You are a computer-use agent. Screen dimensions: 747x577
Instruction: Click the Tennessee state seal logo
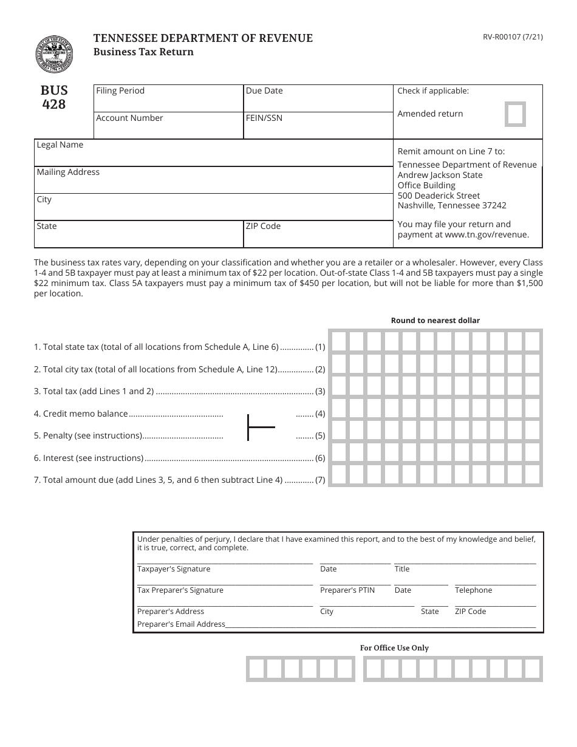pos(54,54)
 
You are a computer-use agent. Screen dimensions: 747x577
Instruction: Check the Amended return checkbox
pos(516,114)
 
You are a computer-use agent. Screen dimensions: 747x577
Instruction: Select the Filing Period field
pos(168,98)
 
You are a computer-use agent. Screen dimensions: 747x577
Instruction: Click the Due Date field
pos(318,98)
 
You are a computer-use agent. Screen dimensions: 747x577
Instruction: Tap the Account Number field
pos(168,125)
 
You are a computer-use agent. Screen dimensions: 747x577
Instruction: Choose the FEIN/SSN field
pos(318,125)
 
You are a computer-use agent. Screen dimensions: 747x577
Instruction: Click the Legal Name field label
pos(60,145)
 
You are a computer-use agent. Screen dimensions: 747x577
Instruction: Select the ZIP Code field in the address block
pos(318,234)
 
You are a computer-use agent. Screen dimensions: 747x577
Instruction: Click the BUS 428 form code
pos(54,97)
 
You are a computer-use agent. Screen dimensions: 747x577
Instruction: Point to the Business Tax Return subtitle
pos(143,52)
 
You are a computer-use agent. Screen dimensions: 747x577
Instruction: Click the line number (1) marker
pos(320,347)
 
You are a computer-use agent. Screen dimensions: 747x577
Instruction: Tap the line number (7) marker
pos(320,480)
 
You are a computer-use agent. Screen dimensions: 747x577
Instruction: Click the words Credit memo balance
pos(85,414)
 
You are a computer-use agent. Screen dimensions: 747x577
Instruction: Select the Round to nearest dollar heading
pos(435,321)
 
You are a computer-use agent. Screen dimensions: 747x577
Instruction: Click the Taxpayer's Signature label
pos(174,569)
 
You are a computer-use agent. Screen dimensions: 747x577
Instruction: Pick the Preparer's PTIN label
pos(347,590)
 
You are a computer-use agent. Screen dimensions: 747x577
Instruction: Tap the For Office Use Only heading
pos(394,648)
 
